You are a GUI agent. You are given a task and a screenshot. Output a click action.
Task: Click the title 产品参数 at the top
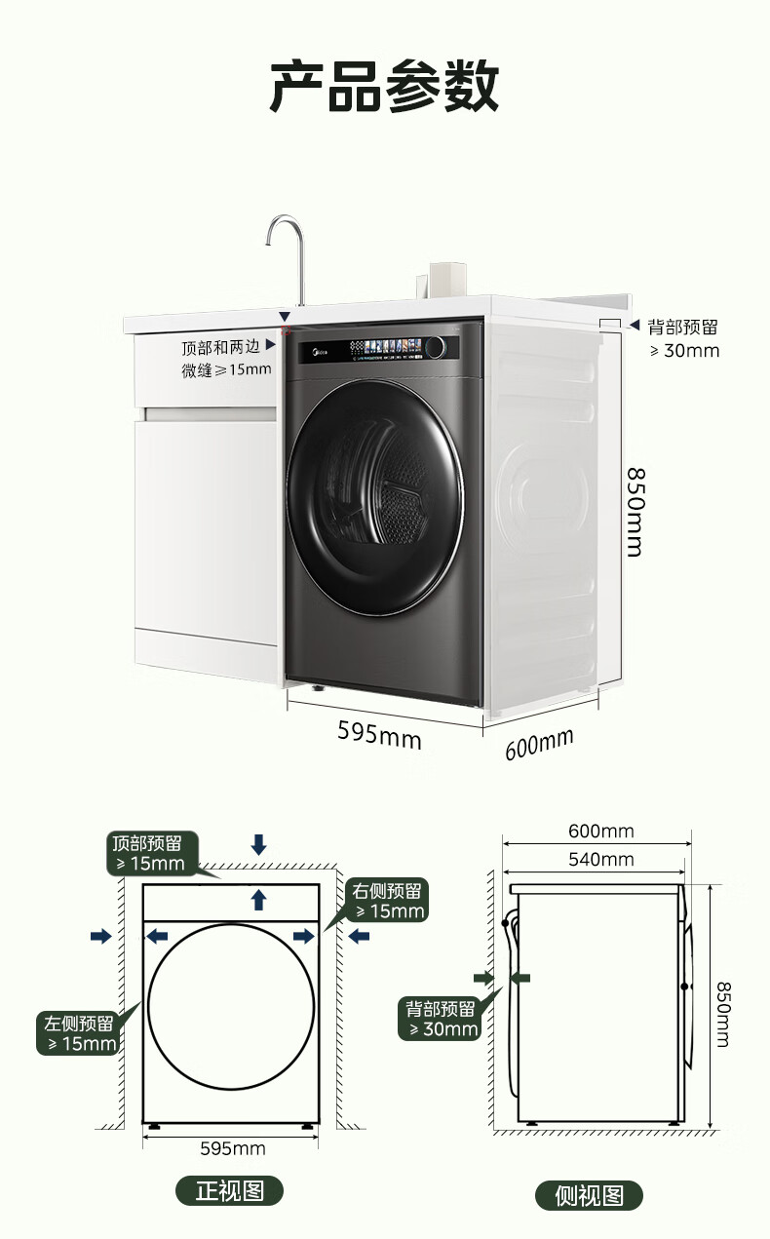click(x=384, y=86)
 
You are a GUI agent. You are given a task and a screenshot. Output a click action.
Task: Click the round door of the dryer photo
click(x=376, y=497)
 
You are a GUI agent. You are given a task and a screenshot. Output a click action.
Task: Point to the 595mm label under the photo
click(x=379, y=733)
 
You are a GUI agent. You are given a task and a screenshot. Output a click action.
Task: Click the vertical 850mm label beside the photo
click(x=635, y=512)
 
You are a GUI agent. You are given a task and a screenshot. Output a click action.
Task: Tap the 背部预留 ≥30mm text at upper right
click(x=683, y=338)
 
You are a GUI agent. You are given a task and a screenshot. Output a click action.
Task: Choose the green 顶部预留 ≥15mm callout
click(x=151, y=853)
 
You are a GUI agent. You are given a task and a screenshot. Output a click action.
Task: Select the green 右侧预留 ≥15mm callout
click(x=388, y=900)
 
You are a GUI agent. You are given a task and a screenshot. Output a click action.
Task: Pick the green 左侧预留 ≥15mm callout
click(x=79, y=1033)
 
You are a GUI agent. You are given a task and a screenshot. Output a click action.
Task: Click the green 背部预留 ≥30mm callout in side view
click(x=442, y=1019)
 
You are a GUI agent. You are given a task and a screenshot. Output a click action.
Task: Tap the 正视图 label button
click(x=229, y=1190)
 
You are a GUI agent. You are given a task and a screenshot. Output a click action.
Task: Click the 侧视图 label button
click(x=589, y=1195)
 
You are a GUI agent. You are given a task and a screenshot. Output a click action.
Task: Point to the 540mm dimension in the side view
click(x=600, y=859)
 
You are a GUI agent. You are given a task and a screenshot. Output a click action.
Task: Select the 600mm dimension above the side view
click(x=600, y=832)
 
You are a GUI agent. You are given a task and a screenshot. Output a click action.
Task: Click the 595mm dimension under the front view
click(x=232, y=1148)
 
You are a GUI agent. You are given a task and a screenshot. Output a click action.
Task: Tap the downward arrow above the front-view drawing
click(x=258, y=844)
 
